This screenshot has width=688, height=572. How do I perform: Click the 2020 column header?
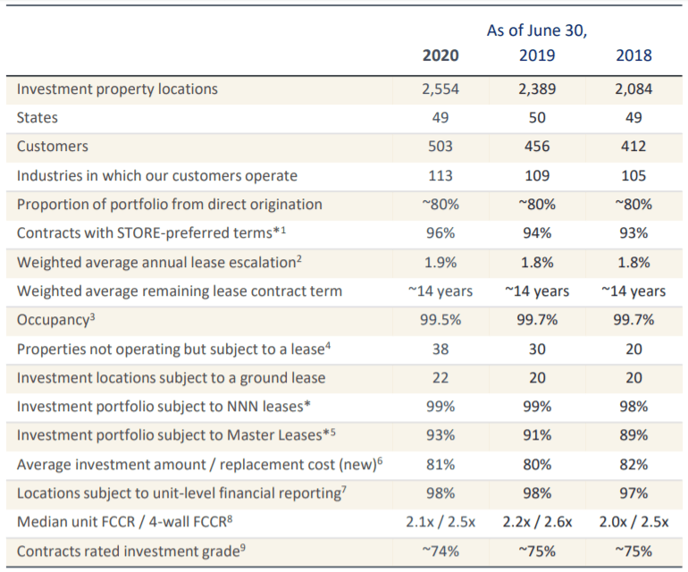(440, 55)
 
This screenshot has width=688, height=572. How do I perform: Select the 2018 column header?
(633, 55)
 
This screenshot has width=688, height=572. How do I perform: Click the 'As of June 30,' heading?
(536, 30)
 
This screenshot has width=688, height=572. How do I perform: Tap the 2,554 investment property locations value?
(440, 89)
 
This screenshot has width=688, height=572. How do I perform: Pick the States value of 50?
(536, 118)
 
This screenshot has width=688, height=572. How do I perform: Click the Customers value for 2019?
(536, 147)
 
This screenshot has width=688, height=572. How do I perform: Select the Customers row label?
(53, 147)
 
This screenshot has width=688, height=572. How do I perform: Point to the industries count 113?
(440, 176)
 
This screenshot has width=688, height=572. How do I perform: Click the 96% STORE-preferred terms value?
(440, 233)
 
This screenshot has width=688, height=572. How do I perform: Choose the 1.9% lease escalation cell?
(440, 263)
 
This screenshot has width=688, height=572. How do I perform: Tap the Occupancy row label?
(55, 320)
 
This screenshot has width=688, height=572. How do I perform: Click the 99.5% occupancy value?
(440, 320)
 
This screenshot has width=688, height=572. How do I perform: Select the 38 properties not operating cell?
(440, 349)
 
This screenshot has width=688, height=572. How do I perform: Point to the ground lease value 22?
(440, 378)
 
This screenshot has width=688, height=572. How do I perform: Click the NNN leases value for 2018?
(633, 407)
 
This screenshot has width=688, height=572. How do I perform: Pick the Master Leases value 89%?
(633, 436)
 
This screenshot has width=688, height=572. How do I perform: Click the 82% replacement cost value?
(633, 465)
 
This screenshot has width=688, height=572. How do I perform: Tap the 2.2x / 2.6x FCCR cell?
(536, 523)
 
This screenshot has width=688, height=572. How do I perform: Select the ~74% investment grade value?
(440, 551)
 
